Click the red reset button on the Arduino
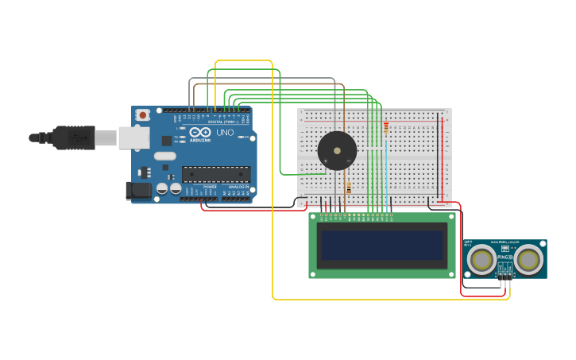click(x=143, y=115)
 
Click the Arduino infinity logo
click(x=199, y=132)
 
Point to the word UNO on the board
click(x=225, y=133)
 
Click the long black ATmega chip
click(x=216, y=174)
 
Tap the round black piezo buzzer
click(x=337, y=150)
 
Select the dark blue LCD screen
click(x=381, y=245)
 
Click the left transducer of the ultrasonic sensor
click(x=481, y=259)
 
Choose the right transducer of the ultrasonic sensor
click(x=528, y=259)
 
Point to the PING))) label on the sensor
click(x=504, y=257)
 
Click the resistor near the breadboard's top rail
click(x=386, y=126)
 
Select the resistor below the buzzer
click(x=348, y=188)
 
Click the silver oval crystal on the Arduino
click(x=165, y=156)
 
